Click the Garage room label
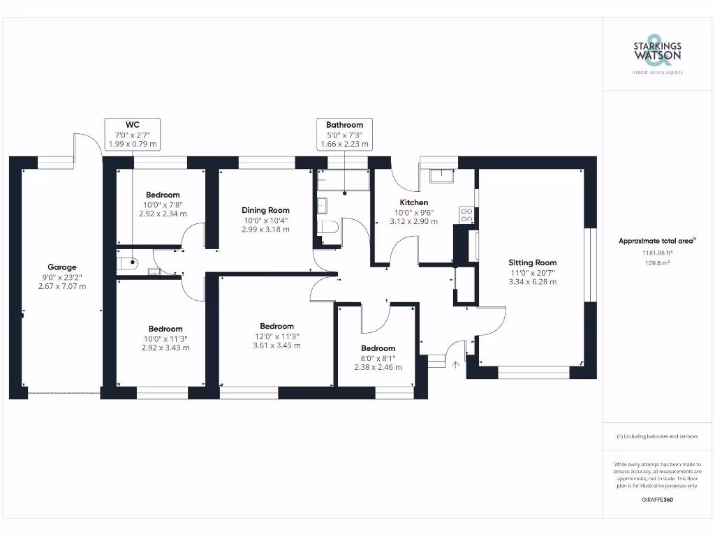point(62,267)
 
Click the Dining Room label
point(265,210)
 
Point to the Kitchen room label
point(413,202)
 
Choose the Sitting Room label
point(532,263)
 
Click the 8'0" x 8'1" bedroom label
point(378,348)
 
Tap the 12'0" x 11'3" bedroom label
point(277,326)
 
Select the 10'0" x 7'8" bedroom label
point(163,195)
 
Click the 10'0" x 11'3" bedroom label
point(165,329)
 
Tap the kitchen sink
point(443,175)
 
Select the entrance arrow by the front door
point(457,364)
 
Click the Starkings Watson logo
point(657,52)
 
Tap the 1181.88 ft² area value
point(658,253)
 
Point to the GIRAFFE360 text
point(657,500)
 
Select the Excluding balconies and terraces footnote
point(657,436)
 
